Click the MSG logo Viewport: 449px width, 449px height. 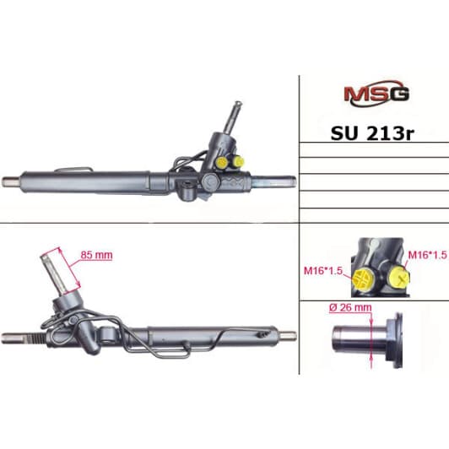(376, 94)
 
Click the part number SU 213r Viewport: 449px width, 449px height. (372, 133)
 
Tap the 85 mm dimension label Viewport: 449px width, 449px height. (96, 255)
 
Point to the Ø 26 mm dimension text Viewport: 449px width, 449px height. (350, 307)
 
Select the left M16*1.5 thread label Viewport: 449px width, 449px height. (323, 270)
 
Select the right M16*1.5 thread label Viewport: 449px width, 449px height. (428, 255)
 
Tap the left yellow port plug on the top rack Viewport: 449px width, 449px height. (222, 162)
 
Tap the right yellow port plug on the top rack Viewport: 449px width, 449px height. (238, 161)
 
